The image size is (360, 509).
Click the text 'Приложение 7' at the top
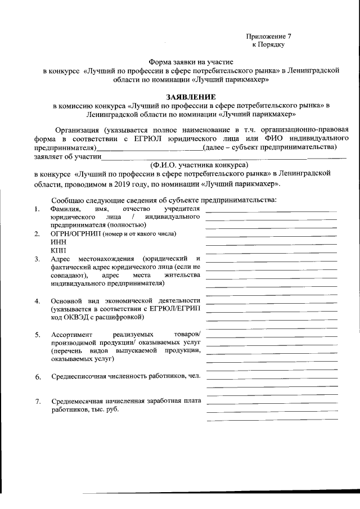(269, 35)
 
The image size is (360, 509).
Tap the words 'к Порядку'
(269, 43)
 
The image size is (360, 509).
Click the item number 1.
(37, 210)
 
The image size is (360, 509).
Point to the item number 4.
(37, 301)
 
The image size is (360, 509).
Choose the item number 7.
(37, 402)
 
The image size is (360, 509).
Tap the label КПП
(58, 249)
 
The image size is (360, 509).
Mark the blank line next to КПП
(271, 252)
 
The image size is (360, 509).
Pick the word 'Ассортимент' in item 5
(71, 335)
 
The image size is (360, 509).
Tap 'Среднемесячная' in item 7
(79, 402)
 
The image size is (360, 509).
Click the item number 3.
(37, 259)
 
